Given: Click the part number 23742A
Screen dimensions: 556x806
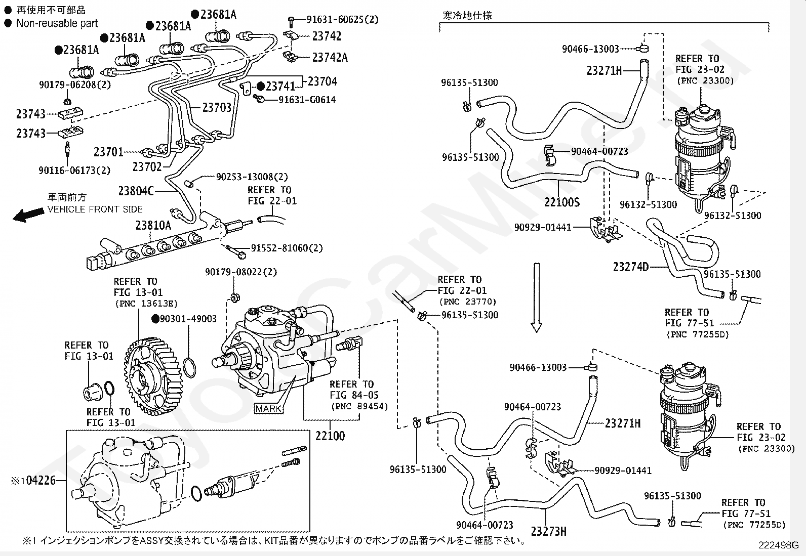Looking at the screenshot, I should pos(330,58).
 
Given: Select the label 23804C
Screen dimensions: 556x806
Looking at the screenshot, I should pos(136,191).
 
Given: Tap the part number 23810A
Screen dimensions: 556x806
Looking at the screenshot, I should pos(153,225).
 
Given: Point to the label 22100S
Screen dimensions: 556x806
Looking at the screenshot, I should pos(561,202).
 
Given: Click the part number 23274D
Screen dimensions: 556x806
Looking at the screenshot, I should pos(630,267).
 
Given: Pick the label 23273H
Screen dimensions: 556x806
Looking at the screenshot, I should pos(548,531).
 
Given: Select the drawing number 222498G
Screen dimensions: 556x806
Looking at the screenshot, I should pos(778,545).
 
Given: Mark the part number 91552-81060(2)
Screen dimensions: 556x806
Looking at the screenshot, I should pos(287,248).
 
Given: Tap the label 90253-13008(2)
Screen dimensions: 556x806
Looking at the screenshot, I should pos(252,177).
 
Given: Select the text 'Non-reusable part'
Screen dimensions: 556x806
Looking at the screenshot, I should pos(57,23).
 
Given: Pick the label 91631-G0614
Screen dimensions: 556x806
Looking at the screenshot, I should pos(307,100).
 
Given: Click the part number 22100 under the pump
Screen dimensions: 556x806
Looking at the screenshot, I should pos(330,436).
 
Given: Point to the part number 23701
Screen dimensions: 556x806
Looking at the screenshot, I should pos(108,152).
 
